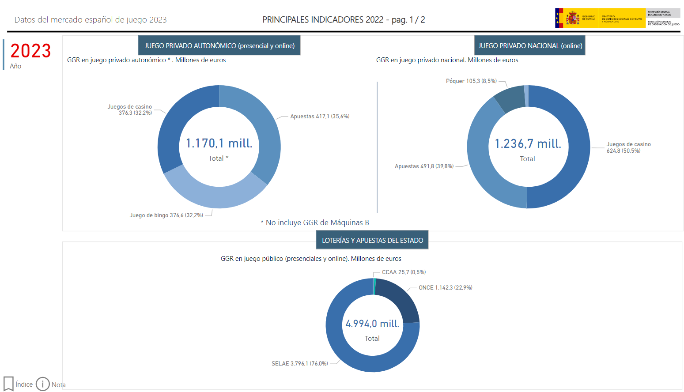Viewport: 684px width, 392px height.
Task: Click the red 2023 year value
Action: (30, 51)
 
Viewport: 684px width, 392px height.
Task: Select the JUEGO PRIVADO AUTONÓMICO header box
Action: (219, 45)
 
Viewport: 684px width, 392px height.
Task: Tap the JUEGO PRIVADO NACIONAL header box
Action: (530, 45)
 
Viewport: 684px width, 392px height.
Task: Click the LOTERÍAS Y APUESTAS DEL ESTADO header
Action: (372, 240)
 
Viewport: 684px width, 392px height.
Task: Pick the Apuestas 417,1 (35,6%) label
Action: (320, 117)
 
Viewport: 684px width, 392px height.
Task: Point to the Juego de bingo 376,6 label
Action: (166, 215)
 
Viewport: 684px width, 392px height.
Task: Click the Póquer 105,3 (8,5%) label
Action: (471, 81)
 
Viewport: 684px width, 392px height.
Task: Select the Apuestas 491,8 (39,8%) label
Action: (424, 166)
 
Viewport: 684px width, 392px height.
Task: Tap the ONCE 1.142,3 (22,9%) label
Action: (445, 288)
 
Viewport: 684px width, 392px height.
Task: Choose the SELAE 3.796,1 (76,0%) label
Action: (299, 364)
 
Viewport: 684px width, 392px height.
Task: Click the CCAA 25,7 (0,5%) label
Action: (404, 272)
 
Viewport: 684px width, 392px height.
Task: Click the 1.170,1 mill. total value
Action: (219, 143)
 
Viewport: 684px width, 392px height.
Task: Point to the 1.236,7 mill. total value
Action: (528, 144)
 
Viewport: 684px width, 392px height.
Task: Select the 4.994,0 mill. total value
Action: (372, 324)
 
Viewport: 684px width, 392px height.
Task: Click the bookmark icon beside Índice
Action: (8, 384)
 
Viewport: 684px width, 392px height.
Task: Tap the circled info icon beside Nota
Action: (43, 384)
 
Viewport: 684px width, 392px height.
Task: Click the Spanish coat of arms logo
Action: (573, 19)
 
